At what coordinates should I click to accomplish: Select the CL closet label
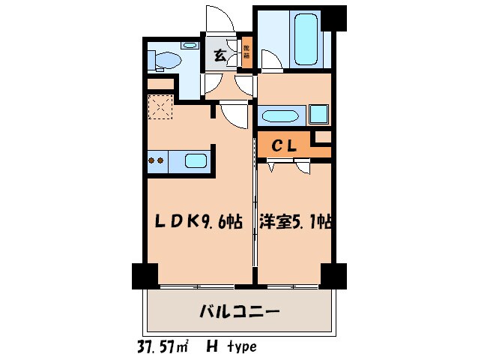(285, 147)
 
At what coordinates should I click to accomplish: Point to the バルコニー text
(239, 310)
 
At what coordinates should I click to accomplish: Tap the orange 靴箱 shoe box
(246, 53)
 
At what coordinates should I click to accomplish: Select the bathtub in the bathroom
(307, 37)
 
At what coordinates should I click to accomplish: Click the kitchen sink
(196, 160)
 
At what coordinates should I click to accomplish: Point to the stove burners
(157, 160)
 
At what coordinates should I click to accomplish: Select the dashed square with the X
(160, 107)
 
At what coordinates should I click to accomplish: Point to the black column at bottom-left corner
(145, 275)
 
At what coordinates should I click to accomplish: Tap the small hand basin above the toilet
(189, 46)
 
